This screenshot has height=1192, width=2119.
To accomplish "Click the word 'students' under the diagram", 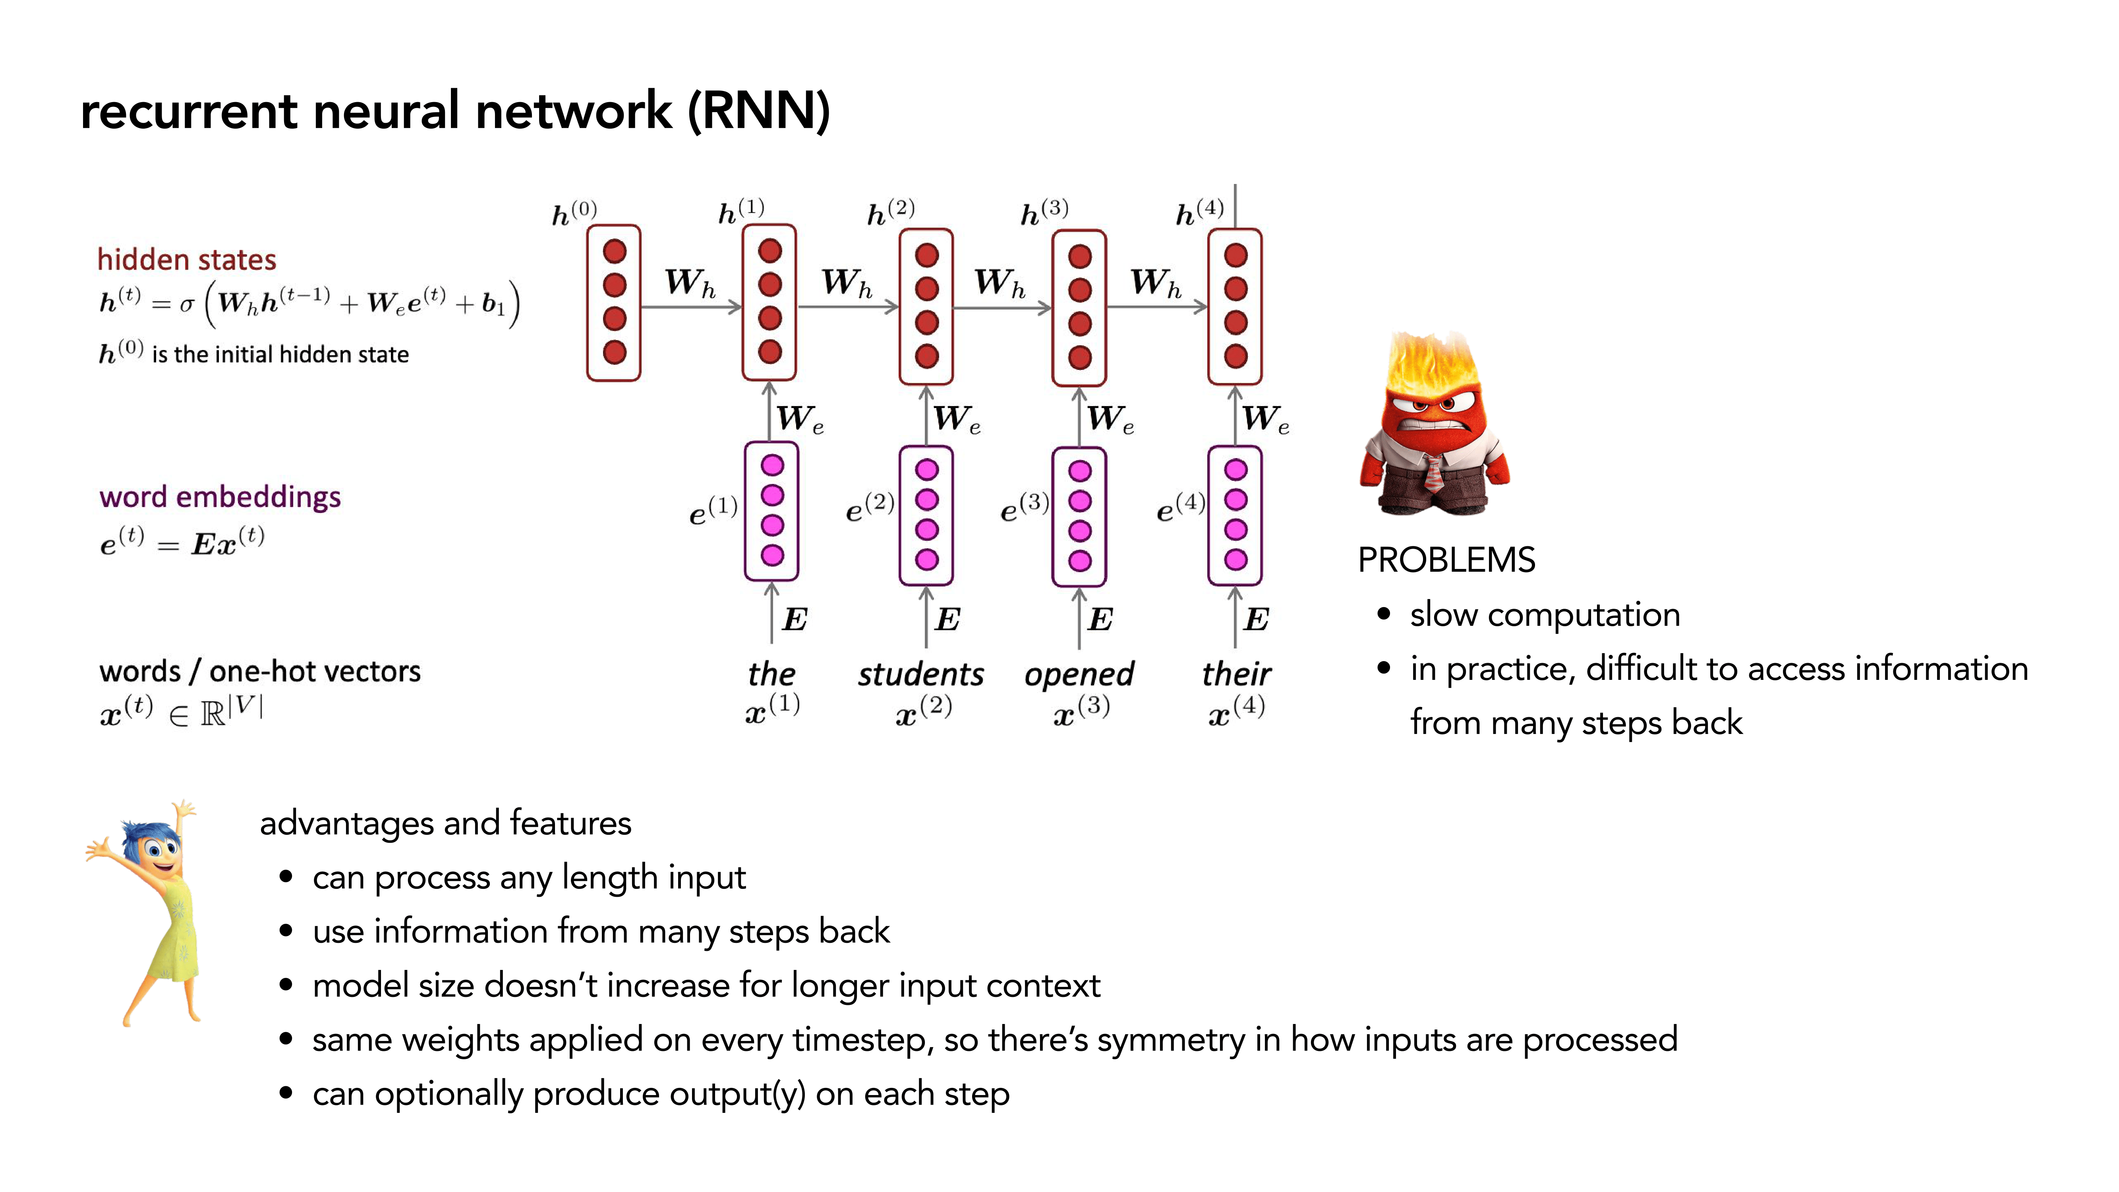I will tap(920, 675).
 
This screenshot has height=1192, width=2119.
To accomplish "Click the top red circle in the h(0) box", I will tap(615, 251).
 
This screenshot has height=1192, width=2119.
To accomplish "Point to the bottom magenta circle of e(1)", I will tap(771, 555).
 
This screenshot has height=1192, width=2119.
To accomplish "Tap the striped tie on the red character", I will tap(1433, 473).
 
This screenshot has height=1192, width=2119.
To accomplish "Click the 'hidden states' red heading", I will tap(187, 260).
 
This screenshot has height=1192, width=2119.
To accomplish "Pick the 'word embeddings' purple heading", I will tap(220, 497).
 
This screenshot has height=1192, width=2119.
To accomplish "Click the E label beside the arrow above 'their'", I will tap(1256, 619).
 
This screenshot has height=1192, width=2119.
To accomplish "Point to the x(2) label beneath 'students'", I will tap(923, 711).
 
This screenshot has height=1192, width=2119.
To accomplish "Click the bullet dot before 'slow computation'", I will tap(1384, 614).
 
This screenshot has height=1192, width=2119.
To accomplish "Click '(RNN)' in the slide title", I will tap(758, 111).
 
